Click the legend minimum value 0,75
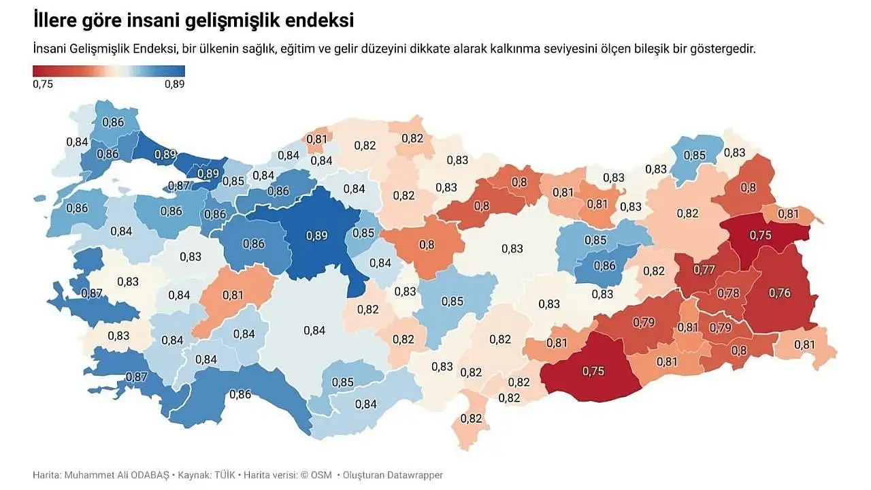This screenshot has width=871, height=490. click(43, 84)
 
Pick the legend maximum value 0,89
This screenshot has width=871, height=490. click(174, 84)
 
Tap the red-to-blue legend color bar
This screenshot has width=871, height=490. click(109, 71)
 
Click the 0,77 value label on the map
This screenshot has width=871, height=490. click(704, 269)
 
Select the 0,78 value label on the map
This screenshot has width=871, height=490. click(729, 293)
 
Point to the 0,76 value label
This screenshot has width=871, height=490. click(779, 293)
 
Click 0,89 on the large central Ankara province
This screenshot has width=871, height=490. click(316, 236)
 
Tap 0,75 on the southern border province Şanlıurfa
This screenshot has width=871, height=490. click(593, 371)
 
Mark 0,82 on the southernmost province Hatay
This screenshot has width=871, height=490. click(472, 418)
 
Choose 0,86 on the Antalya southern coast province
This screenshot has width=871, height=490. click(240, 393)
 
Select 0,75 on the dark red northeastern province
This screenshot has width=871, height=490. click(760, 234)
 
